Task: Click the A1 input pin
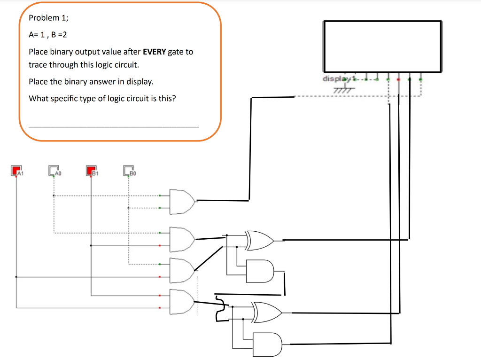tap(16, 170)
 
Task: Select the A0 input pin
tap(54, 170)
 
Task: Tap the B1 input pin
tap(91, 170)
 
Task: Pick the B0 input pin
tap(129, 170)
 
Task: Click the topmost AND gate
tap(182, 202)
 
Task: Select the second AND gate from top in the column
tap(182, 239)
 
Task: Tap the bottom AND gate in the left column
tap(182, 302)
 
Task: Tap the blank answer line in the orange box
tap(114, 126)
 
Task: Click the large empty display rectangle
tap(382, 46)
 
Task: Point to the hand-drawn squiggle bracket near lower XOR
tap(219, 309)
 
